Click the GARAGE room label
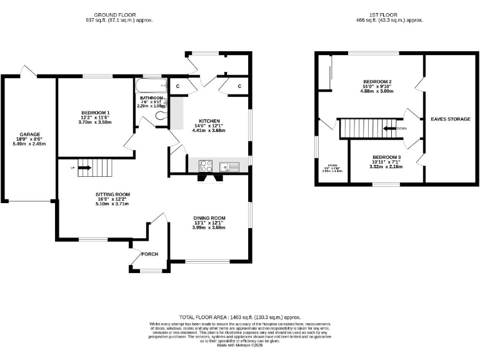click(x=29, y=134)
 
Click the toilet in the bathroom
click(x=158, y=106)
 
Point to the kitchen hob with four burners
click(x=206, y=166)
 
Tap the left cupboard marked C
click(x=177, y=86)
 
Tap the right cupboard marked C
click(x=239, y=86)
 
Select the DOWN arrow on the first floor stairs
click(x=392, y=128)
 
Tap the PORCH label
click(x=150, y=254)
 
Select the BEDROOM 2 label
click(x=377, y=82)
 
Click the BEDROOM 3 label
click(x=386, y=157)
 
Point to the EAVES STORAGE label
click(x=450, y=118)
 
